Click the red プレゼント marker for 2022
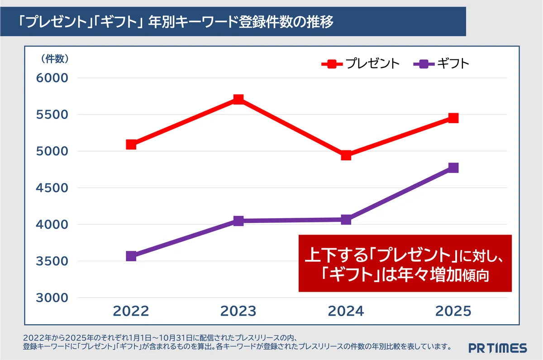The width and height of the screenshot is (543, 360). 131,144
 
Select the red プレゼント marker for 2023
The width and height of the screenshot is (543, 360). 238,99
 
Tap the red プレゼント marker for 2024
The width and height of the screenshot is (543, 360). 346,155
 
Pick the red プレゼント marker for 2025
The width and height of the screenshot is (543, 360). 453,118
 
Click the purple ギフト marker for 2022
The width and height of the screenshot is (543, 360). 131,256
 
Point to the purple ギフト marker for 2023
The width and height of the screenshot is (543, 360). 238,221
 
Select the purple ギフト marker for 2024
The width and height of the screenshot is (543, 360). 346,220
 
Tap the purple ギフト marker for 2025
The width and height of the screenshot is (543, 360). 453,168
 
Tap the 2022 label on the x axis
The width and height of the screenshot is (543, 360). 131,311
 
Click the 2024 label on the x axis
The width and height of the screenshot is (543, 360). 346,311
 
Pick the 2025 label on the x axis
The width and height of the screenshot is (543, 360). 453,311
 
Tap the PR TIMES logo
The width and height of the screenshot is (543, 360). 497,348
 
